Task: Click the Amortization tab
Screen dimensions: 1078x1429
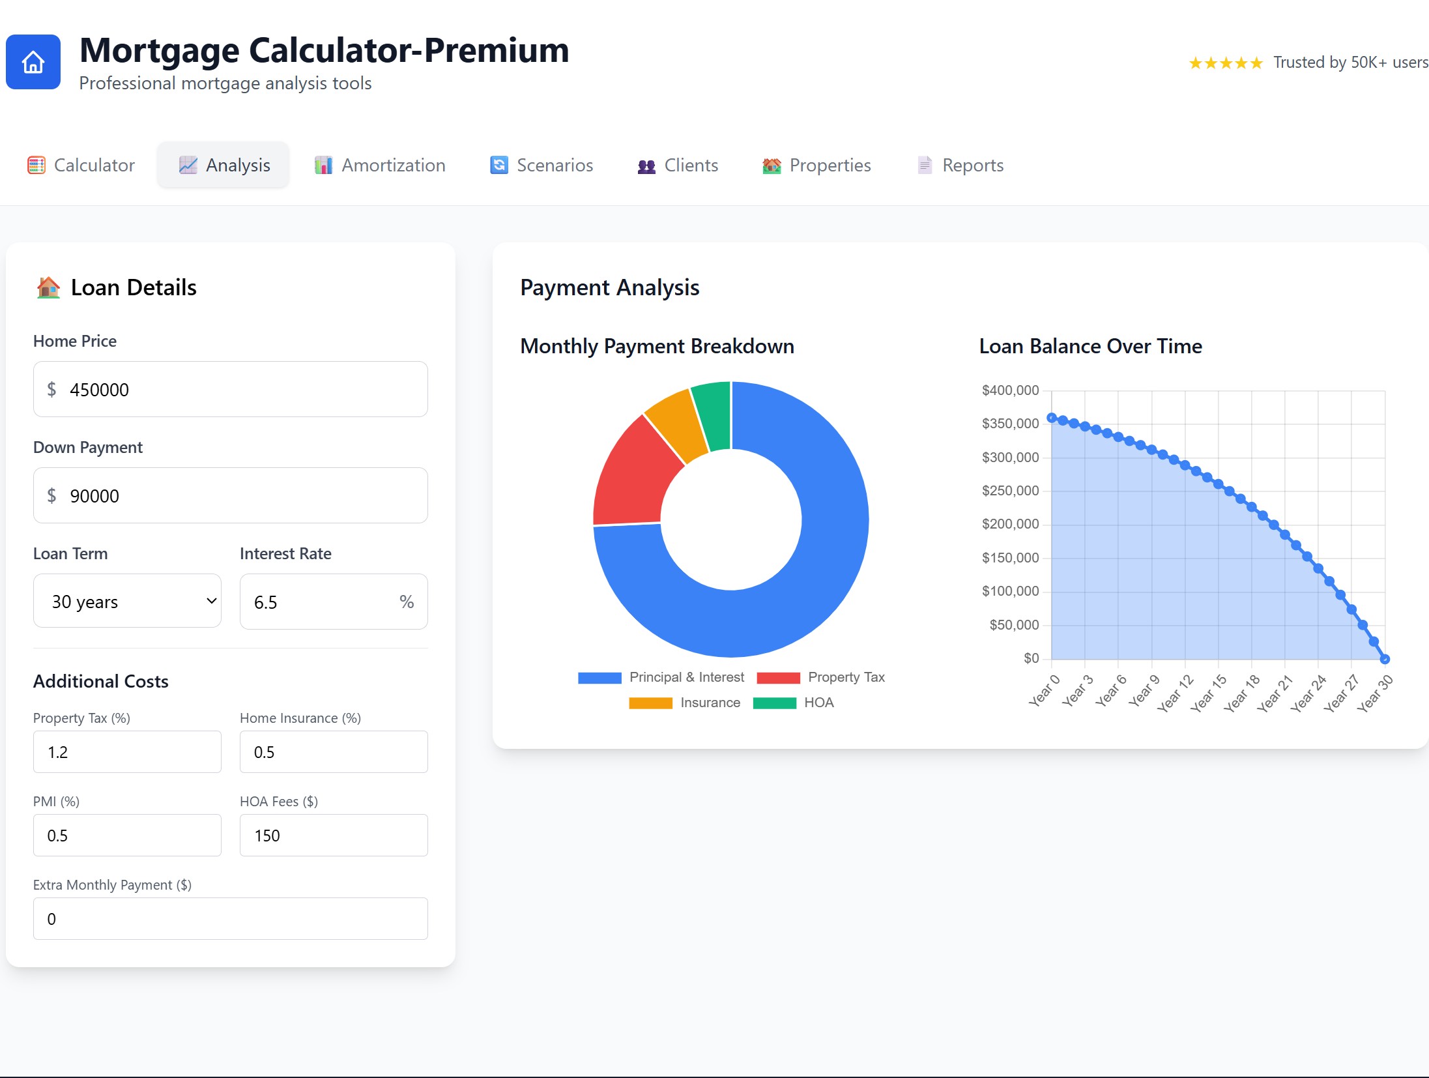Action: click(380, 166)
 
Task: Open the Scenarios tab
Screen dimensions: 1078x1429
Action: click(541, 166)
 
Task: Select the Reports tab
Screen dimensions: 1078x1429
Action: click(960, 166)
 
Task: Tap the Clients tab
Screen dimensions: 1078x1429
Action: click(678, 166)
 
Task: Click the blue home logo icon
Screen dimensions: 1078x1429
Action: click(33, 63)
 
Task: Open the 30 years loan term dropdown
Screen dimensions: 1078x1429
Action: click(127, 602)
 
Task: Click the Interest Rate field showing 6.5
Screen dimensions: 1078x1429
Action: click(323, 602)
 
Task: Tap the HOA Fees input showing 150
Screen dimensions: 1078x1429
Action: click(334, 836)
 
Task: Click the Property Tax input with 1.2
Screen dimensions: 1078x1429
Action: click(127, 752)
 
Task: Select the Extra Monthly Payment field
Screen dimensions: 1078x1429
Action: click(230, 919)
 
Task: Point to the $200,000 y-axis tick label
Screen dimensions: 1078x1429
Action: click(1010, 524)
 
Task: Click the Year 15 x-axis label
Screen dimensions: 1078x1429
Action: click(1209, 693)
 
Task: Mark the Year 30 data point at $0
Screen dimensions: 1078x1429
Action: click(1385, 659)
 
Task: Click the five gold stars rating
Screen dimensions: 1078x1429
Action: click(1226, 63)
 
